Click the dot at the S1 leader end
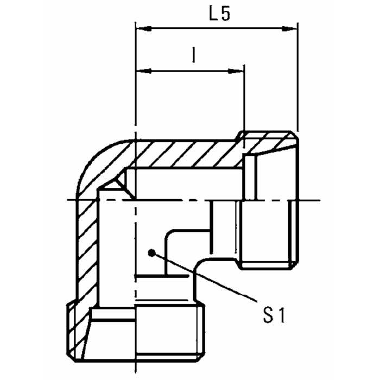(154, 252)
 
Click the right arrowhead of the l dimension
(238, 71)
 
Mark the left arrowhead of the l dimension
(141, 71)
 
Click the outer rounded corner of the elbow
(92, 157)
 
